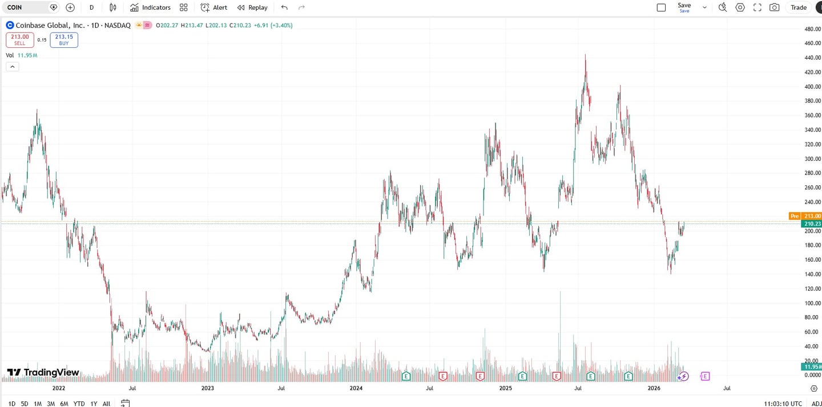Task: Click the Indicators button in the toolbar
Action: pyautogui.click(x=150, y=7)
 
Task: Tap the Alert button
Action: pyautogui.click(x=214, y=7)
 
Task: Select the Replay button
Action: pyautogui.click(x=252, y=7)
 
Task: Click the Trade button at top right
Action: pyautogui.click(x=798, y=7)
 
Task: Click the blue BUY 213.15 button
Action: pyautogui.click(x=64, y=40)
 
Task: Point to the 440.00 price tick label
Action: pyautogui.click(x=812, y=58)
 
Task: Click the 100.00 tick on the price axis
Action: pyautogui.click(x=812, y=303)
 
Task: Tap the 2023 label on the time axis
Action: pyautogui.click(x=208, y=388)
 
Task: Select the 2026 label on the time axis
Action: pyautogui.click(x=654, y=388)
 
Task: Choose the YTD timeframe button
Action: pyautogui.click(x=79, y=404)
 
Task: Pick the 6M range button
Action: pyautogui.click(x=64, y=404)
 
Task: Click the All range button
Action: pyautogui.click(x=106, y=404)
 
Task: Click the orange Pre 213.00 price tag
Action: pyautogui.click(x=805, y=216)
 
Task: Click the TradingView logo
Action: pyautogui.click(x=43, y=373)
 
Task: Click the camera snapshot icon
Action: pyautogui.click(x=774, y=7)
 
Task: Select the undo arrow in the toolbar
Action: pyautogui.click(x=284, y=7)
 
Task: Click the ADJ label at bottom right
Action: pyautogui.click(x=816, y=404)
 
